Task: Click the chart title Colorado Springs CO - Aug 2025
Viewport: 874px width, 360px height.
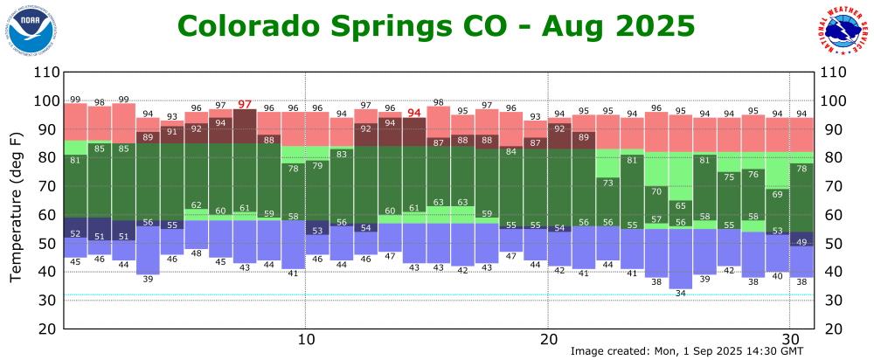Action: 436,25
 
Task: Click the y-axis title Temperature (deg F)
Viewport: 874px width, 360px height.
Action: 16,208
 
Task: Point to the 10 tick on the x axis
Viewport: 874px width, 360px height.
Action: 306,339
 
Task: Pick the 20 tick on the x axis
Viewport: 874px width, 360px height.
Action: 548,339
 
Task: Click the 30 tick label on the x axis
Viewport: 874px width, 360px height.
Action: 790,339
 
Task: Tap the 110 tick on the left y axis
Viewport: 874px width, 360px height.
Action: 45,73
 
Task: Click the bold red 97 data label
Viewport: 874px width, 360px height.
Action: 245,105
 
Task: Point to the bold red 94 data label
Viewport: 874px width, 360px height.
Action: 414,113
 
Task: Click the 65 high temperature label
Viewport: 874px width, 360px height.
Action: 680,206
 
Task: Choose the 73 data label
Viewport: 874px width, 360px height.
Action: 607,183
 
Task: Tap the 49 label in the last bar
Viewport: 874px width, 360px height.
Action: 801,242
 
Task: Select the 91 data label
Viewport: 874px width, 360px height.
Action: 172,132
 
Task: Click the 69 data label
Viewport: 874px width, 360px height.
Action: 777,194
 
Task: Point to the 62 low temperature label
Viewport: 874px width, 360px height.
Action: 197,204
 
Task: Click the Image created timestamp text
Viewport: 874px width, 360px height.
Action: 686,351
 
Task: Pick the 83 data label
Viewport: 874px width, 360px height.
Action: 342,155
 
